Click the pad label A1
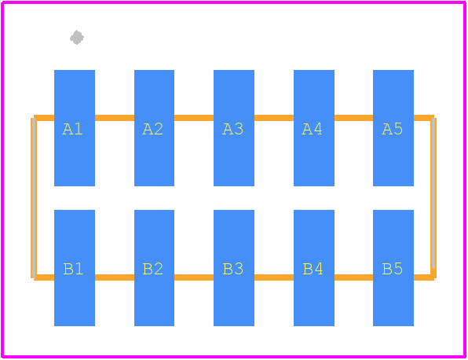(72, 129)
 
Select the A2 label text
(153, 129)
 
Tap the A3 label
(232, 129)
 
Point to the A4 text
(313, 129)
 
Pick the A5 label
(393, 129)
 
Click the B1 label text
(73, 269)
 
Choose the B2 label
(153, 269)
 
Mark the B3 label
(233, 269)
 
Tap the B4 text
(313, 269)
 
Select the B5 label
(393, 269)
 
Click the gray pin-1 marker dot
(77, 38)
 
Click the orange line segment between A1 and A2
(115, 118)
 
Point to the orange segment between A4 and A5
(353, 118)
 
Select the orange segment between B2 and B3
(194, 277)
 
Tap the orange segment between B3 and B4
(274, 277)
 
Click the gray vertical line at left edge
(34, 198)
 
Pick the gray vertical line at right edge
(433, 193)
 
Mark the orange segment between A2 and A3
(194, 118)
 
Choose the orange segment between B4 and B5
(353, 277)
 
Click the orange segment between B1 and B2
(115, 277)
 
